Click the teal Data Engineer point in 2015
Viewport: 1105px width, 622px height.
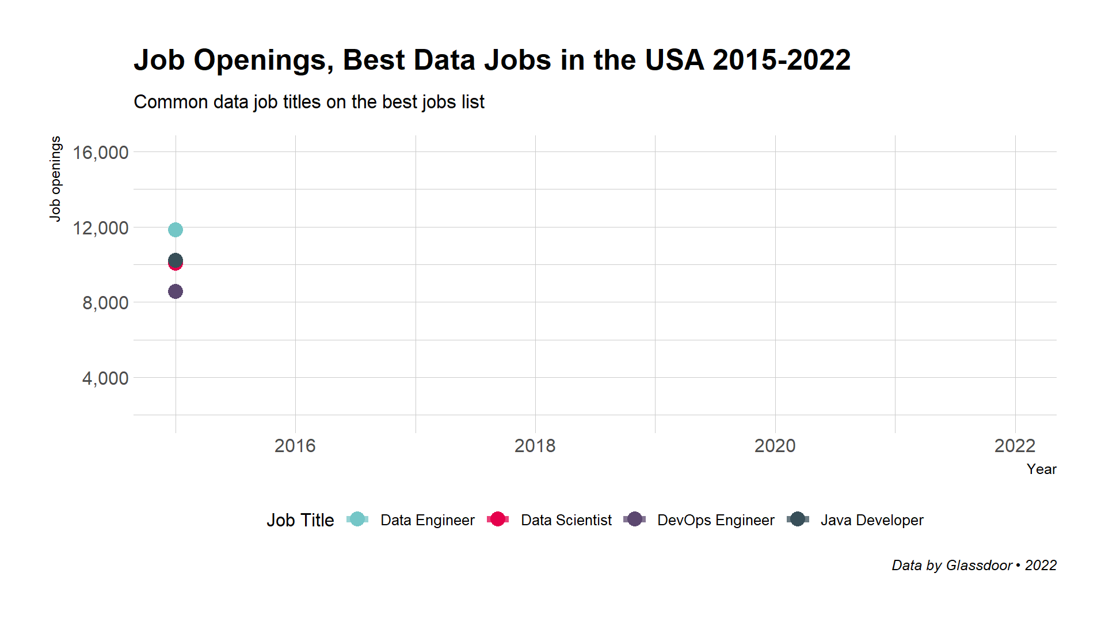(176, 230)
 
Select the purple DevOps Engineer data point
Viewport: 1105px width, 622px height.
(176, 291)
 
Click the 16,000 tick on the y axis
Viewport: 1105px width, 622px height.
(100, 153)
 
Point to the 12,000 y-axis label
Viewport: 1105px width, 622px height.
(100, 228)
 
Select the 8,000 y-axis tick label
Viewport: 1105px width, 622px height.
(105, 303)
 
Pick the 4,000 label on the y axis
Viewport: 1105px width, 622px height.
(105, 378)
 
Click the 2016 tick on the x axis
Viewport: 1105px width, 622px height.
(295, 446)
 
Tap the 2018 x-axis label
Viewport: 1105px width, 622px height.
(535, 446)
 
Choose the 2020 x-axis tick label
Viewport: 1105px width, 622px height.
(775, 446)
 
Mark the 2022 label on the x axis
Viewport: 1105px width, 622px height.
(1015, 446)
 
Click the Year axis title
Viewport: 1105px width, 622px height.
(1041, 469)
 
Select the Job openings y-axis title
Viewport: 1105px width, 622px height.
(55, 179)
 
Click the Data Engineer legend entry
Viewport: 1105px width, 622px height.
(427, 520)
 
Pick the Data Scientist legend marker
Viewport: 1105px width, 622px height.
(498, 519)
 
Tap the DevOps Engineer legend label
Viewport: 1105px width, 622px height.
(715, 520)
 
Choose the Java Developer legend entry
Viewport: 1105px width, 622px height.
(871, 520)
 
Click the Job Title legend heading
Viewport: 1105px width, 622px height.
(300, 520)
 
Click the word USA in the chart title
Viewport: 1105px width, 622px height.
(674, 60)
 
